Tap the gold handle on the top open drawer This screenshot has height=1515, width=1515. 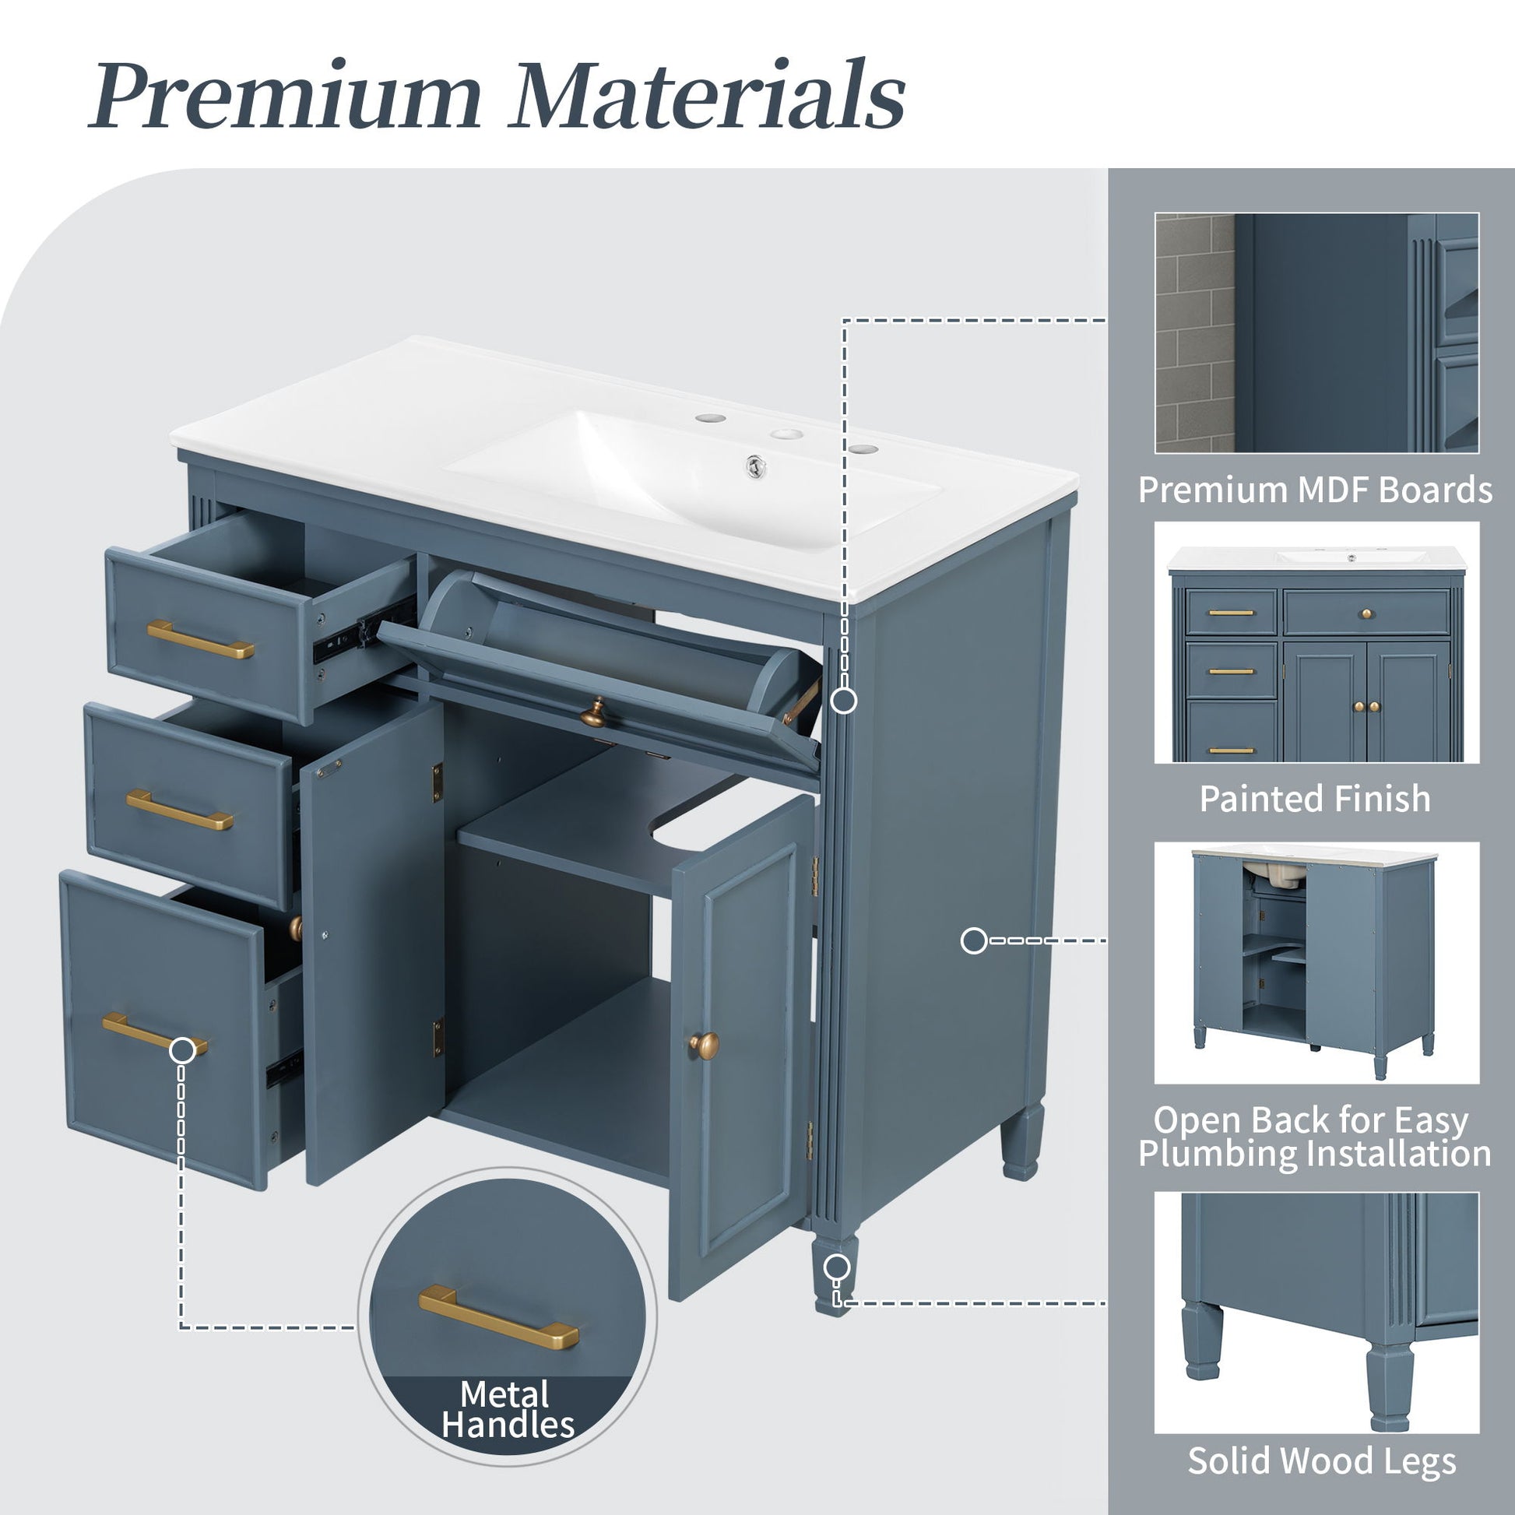201,639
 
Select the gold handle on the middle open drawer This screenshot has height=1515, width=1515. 180,809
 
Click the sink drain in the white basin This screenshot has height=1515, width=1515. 755,466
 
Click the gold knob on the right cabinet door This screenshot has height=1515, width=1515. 704,1045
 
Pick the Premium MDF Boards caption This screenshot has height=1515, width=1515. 1315,490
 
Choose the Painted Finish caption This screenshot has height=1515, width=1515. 1315,799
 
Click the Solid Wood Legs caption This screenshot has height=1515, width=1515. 1321,1461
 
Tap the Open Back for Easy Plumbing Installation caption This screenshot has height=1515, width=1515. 1315,1137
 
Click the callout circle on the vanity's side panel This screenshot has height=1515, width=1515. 974,940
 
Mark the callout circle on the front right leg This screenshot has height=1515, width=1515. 838,1267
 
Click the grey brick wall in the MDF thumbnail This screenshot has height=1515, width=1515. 1194,332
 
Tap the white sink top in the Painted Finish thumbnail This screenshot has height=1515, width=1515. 1316,559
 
